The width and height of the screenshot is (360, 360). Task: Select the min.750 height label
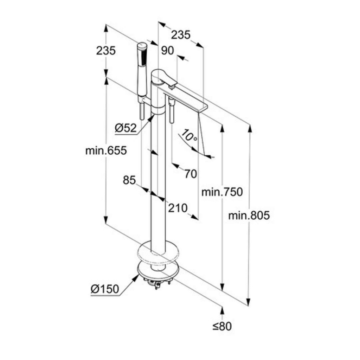[222, 192]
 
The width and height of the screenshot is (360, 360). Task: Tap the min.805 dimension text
[249, 215]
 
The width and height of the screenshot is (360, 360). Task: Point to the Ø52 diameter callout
[126, 128]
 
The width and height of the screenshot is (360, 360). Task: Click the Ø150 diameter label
[105, 289]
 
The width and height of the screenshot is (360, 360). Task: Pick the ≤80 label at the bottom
[222, 326]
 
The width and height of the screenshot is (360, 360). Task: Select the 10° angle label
[190, 136]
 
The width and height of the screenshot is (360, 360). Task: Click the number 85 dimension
[129, 180]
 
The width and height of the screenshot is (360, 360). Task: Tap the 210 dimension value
[177, 208]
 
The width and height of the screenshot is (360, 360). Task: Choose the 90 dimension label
[167, 51]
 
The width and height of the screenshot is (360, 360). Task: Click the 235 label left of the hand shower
[106, 51]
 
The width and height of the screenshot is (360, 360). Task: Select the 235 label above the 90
[181, 35]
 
